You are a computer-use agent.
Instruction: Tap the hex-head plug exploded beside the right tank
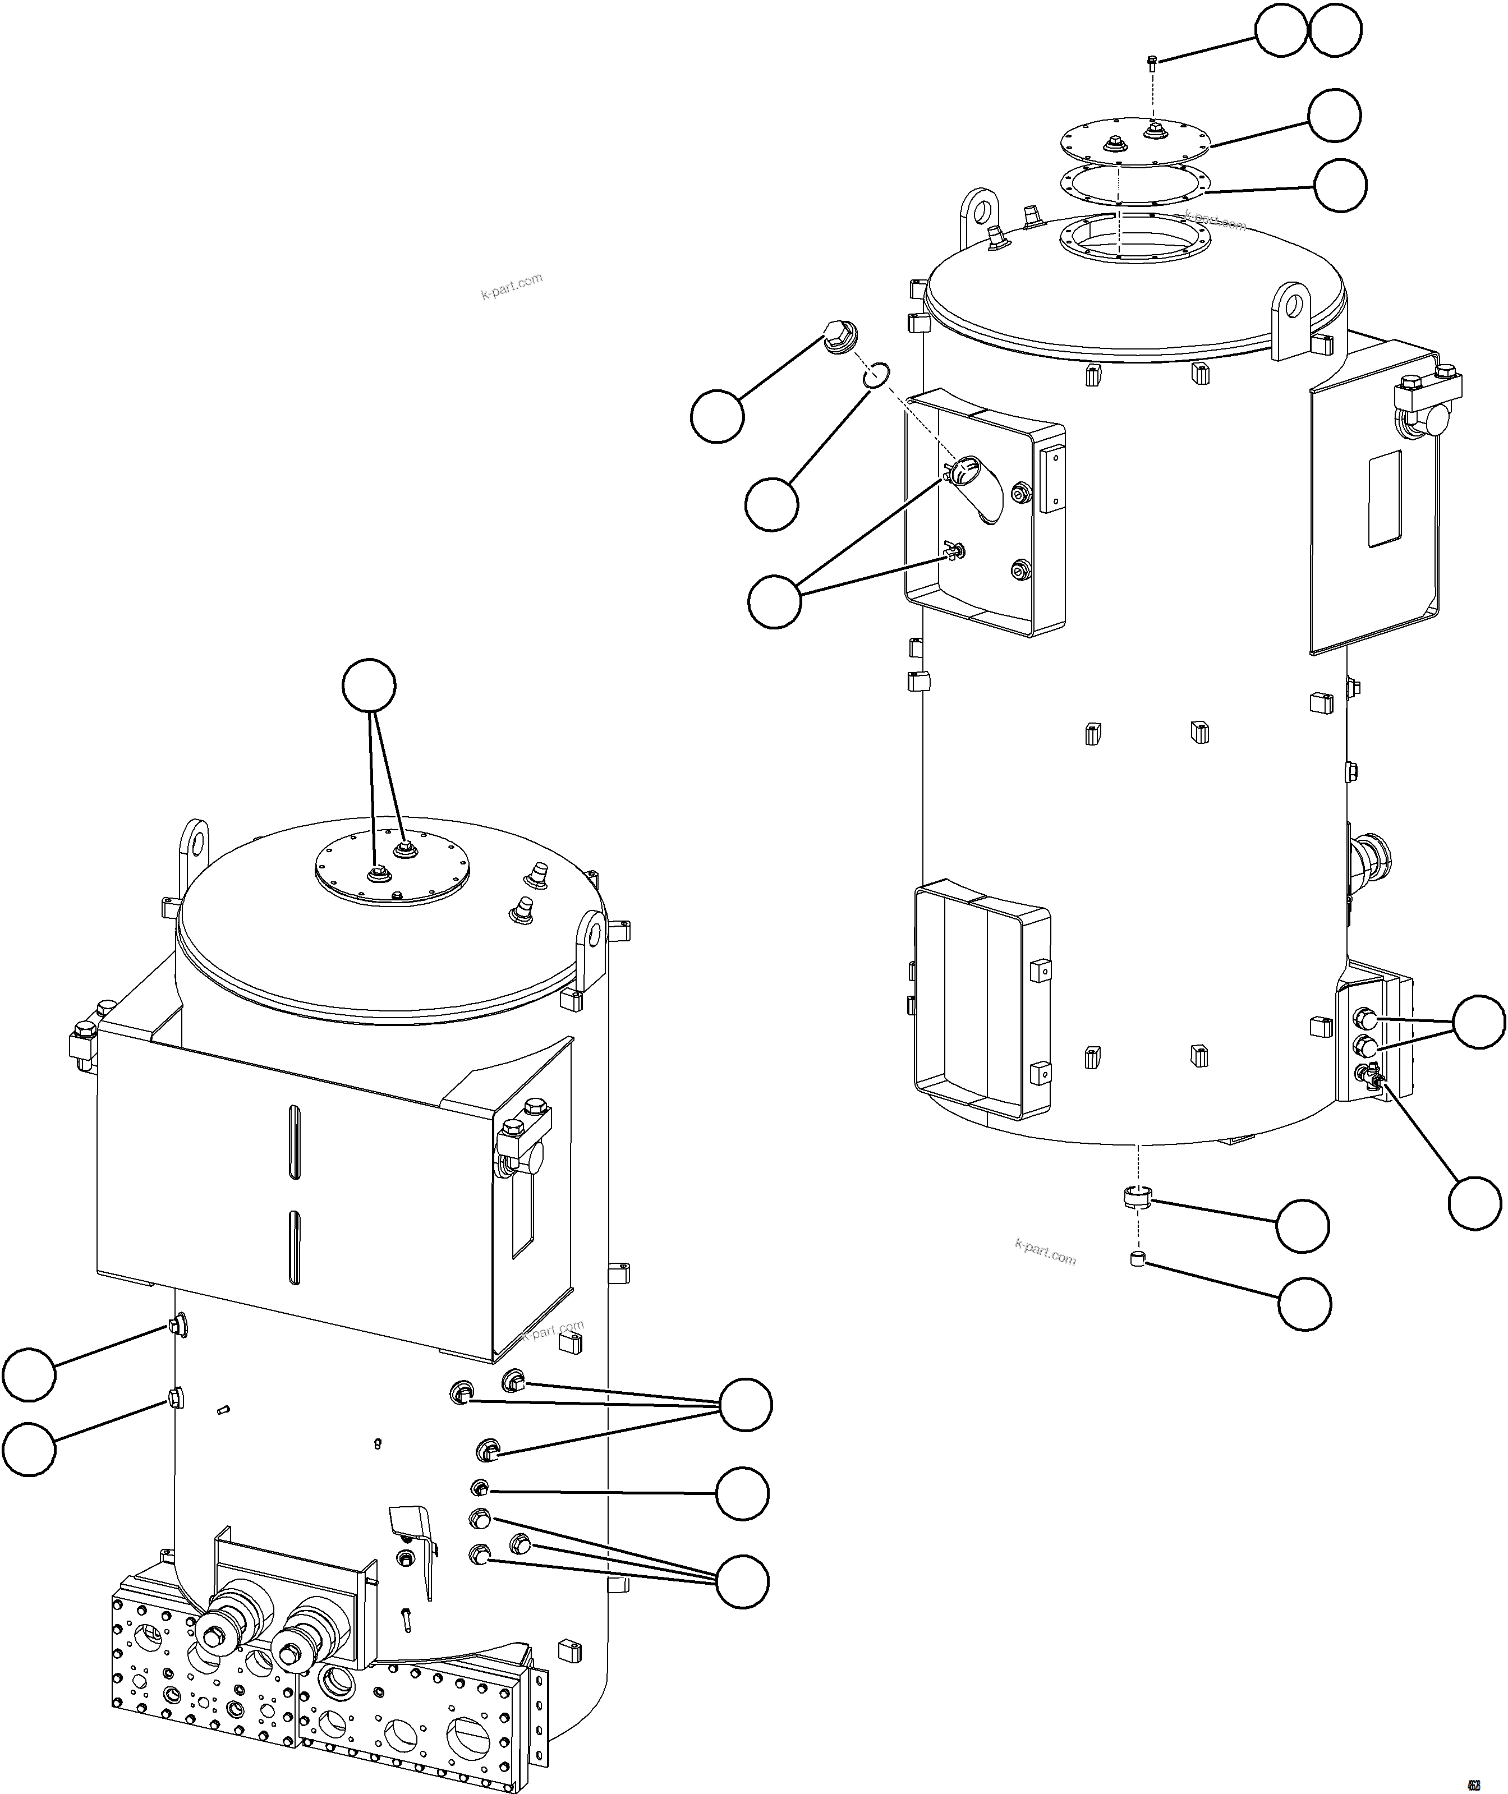coord(841,337)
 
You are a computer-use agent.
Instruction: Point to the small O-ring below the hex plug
coord(877,374)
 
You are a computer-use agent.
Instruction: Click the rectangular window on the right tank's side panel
coord(1385,499)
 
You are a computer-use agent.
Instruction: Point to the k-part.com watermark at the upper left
coord(511,286)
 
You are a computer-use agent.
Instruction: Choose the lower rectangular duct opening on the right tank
coord(981,1001)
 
